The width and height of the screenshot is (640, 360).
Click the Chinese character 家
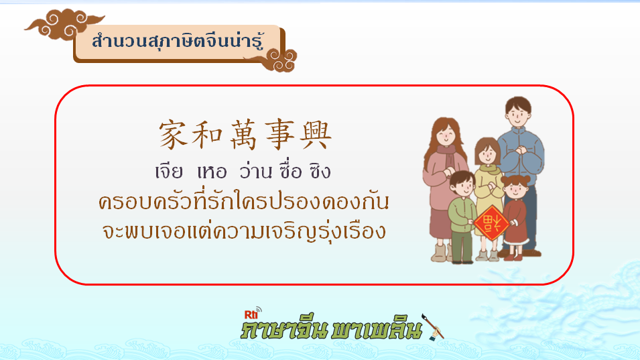tap(173, 135)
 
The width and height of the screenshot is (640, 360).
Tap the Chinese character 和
tap(207, 135)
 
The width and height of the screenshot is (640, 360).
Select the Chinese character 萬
tap(244, 135)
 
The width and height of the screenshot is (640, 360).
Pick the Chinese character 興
tap(316, 135)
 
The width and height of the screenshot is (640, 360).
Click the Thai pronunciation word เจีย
tap(169, 172)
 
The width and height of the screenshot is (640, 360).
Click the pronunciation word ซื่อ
tap(291, 171)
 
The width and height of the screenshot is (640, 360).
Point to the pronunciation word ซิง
tap(320, 171)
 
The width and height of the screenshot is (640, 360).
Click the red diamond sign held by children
tap(491, 223)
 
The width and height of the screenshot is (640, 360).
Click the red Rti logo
tap(251, 314)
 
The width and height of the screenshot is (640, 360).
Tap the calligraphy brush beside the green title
tap(432, 327)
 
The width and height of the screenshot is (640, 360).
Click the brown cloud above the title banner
tap(64, 24)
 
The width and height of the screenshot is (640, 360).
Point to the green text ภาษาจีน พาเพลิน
tap(331, 329)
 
